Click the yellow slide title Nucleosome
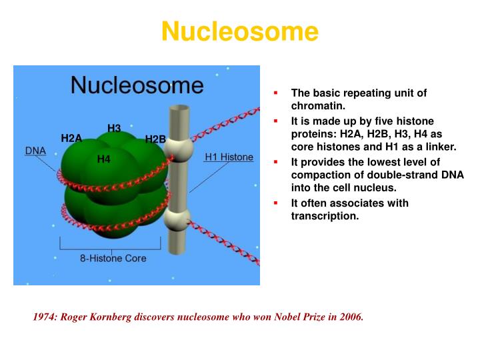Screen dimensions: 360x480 [x=240, y=31]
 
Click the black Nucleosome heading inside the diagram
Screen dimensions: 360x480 [x=137, y=85]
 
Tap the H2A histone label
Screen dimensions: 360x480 [x=71, y=138]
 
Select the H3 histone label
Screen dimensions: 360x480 [x=114, y=128]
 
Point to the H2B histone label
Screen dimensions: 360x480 [x=155, y=139]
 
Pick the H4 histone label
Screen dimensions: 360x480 [x=103, y=159]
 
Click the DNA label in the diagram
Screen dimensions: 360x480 [x=35, y=151]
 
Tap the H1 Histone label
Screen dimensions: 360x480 [x=229, y=157]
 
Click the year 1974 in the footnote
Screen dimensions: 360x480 [x=44, y=317]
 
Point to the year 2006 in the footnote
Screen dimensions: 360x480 [x=349, y=317]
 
